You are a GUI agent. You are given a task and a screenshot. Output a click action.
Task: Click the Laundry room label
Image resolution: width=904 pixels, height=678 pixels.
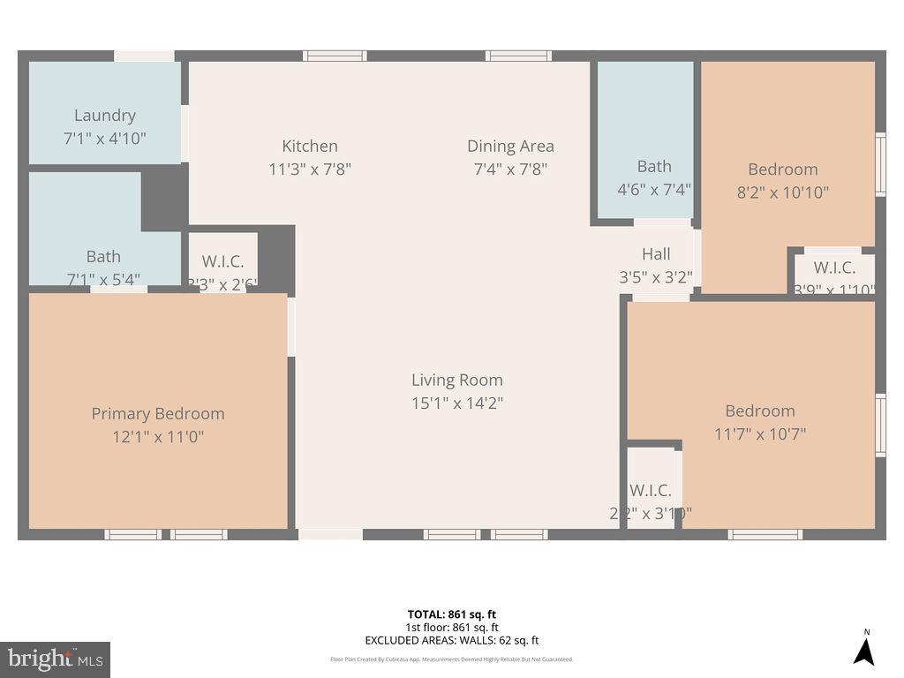104,116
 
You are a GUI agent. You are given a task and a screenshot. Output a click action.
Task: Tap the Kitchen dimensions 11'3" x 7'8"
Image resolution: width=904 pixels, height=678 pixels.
310,169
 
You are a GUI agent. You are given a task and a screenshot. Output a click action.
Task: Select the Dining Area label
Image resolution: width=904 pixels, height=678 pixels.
510,147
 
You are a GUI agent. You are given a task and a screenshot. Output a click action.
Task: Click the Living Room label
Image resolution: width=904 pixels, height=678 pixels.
456,380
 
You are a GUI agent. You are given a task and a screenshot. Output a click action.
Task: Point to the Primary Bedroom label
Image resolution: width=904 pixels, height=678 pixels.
158,414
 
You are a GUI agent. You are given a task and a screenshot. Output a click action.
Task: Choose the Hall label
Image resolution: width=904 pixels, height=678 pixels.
656,254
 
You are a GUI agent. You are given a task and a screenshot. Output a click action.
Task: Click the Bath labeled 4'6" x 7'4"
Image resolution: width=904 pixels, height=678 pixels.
654,177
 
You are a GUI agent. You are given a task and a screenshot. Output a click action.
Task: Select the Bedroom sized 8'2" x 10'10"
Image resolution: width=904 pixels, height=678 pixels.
783,180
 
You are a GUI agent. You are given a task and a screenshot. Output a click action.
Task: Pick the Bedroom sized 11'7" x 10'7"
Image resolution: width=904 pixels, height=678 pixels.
760,422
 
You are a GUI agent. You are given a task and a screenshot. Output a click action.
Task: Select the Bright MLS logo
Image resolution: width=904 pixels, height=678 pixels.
55,659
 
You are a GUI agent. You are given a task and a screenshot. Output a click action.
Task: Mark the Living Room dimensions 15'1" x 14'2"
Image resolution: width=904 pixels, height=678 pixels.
456,403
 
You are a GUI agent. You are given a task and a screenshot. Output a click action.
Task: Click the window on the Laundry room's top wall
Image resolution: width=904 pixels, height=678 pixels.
144,56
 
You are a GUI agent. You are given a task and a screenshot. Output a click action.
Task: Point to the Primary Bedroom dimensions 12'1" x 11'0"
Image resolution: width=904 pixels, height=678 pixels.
158,437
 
